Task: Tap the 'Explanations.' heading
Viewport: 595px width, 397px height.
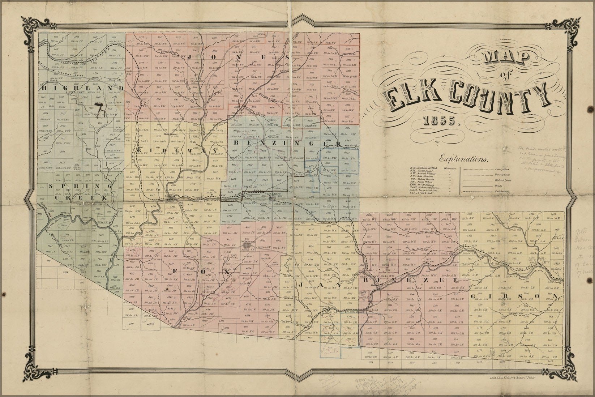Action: click(464, 158)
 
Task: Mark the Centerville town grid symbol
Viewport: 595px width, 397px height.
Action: click(247, 246)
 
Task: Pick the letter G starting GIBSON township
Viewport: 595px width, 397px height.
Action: click(475, 297)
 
